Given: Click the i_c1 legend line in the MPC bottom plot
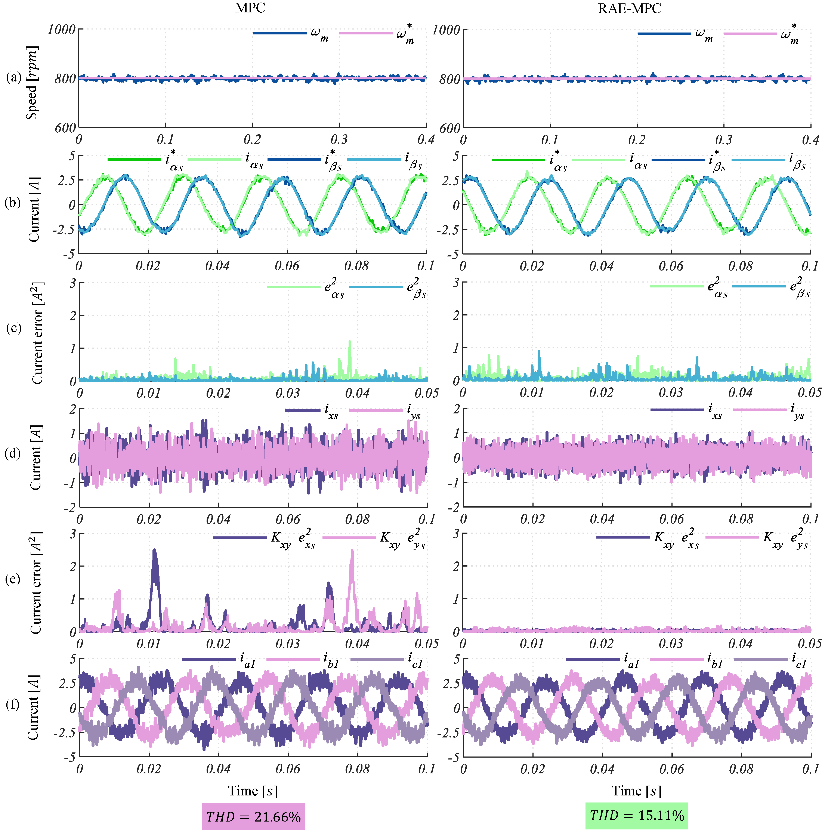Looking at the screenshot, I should click(x=377, y=659).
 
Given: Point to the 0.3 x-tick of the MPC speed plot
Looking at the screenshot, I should click(x=339, y=139).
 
